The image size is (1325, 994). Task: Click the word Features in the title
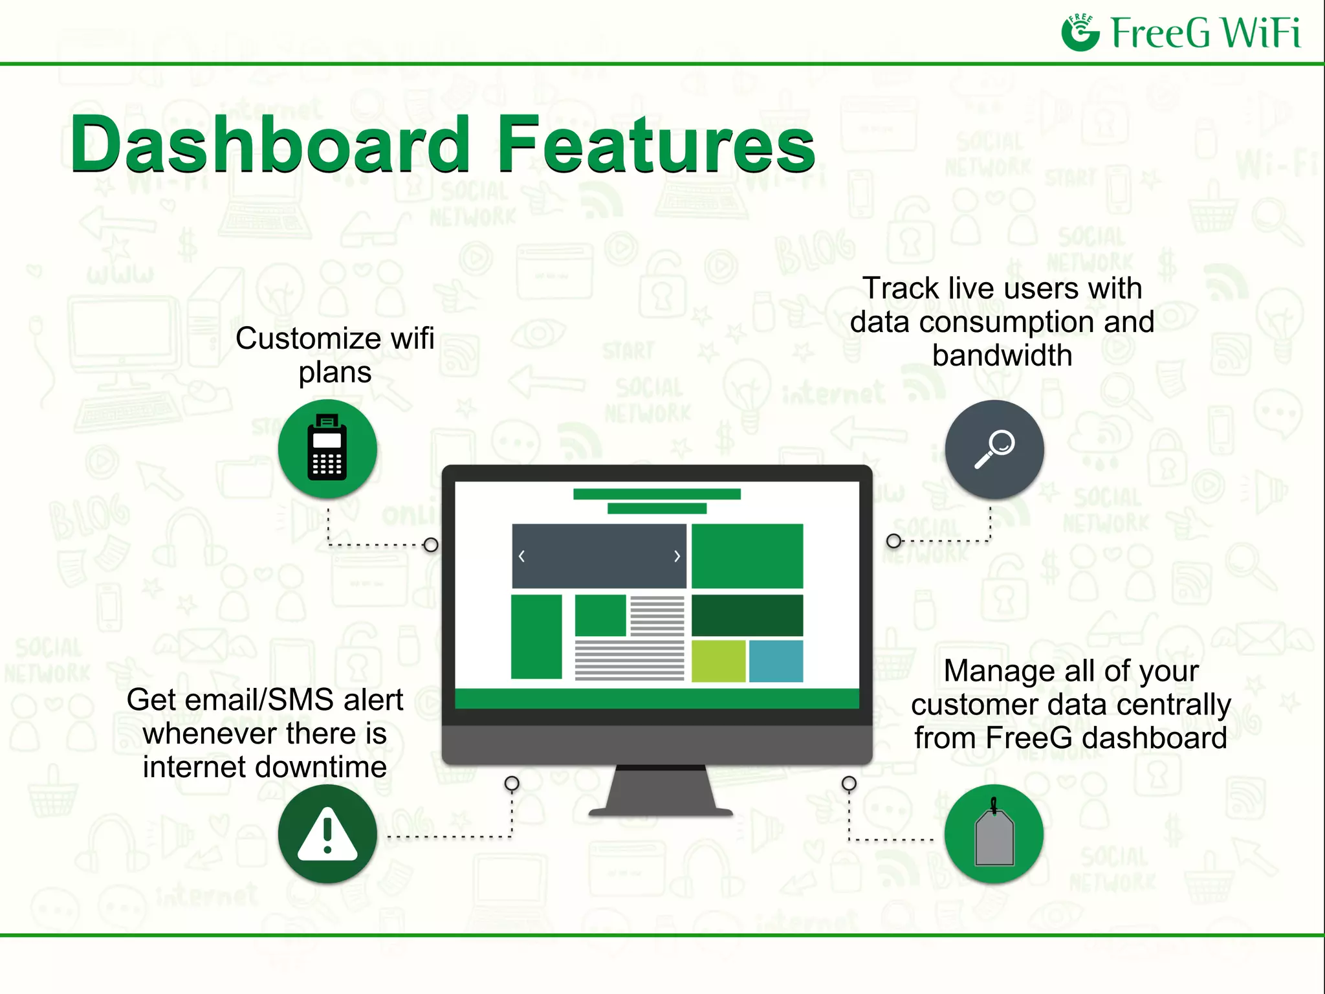click(655, 144)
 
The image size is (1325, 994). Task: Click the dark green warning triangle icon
click(327, 834)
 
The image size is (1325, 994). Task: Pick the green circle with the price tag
click(994, 834)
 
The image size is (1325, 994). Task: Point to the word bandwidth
click(1002, 356)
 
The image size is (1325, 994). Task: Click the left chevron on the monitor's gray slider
click(522, 556)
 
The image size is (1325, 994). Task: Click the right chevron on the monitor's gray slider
click(677, 556)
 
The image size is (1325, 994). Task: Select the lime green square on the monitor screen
click(718, 661)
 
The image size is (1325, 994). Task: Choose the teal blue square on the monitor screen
click(776, 661)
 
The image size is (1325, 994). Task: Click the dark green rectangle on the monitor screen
click(747, 615)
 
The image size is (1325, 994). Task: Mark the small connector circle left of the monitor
click(431, 545)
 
